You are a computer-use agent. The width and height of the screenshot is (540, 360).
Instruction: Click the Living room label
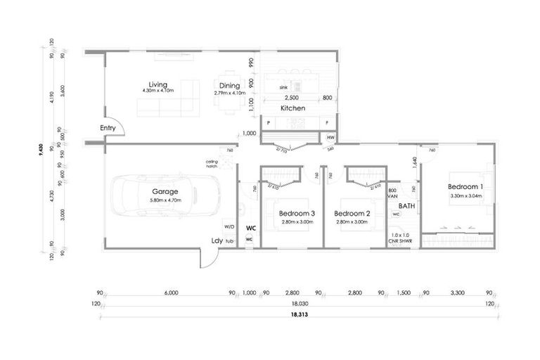(157, 84)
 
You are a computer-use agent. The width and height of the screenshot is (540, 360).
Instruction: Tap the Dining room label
(229, 86)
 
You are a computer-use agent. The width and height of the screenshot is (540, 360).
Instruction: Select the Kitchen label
(293, 109)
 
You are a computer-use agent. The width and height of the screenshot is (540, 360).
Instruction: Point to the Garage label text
(165, 191)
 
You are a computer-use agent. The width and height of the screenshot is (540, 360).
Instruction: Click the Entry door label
(108, 127)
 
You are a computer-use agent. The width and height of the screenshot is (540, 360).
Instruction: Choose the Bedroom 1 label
(465, 186)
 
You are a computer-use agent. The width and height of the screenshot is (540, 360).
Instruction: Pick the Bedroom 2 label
(352, 213)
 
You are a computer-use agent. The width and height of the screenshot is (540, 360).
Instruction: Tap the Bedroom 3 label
(296, 213)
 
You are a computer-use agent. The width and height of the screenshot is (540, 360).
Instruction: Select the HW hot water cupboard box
(330, 138)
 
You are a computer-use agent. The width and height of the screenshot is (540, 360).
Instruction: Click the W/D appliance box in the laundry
(229, 227)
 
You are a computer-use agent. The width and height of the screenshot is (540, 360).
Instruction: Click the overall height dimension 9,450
(41, 148)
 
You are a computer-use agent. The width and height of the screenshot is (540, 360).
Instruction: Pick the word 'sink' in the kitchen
(283, 87)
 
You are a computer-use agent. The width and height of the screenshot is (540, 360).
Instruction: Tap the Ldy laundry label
(217, 240)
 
